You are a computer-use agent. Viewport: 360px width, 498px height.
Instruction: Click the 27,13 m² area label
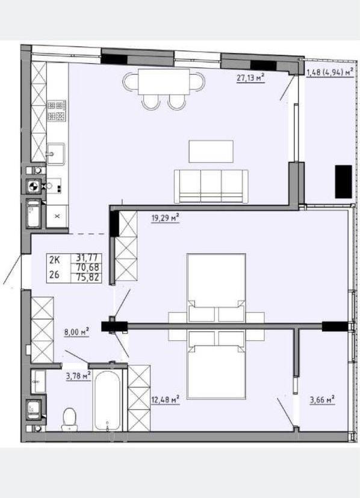pyautogui.click(x=250, y=78)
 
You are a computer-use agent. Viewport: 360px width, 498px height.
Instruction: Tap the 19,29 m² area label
pyautogui.click(x=166, y=218)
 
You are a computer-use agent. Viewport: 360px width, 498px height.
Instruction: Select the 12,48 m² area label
pyautogui.click(x=166, y=399)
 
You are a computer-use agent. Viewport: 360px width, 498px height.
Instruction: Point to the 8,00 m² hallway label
pyautogui.click(x=76, y=332)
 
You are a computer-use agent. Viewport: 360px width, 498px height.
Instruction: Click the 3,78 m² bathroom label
pyautogui.click(x=78, y=376)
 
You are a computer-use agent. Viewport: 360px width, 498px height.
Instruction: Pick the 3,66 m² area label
pyautogui.click(x=322, y=399)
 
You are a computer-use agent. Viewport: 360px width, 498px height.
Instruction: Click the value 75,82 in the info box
pyautogui.click(x=88, y=277)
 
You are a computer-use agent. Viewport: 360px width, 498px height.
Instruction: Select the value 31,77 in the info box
pyautogui.click(x=88, y=258)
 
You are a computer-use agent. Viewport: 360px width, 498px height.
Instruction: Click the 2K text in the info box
pyautogui.click(x=54, y=260)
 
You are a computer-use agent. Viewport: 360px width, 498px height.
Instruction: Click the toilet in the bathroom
pyautogui.click(x=69, y=420)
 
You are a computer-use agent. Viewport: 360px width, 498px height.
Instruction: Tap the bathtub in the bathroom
pyautogui.click(x=108, y=401)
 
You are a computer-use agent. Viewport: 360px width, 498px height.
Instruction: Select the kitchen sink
pyautogui.click(x=56, y=154)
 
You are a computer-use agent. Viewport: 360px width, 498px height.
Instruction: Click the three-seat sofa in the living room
pyautogui.click(x=211, y=187)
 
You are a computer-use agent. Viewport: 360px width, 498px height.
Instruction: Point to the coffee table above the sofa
pyautogui.click(x=211, y=152)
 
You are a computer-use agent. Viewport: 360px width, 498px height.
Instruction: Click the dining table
pyautogui.click(x=164, y=82)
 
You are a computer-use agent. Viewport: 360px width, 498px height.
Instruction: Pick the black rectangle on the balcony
pyautogui.click(x=344, y=181)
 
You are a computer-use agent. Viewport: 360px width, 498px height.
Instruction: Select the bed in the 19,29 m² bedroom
pyautogui.click(x=216, y=288)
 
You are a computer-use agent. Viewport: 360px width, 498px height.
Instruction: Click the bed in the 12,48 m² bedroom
pyautogui.click(x=216, y=366)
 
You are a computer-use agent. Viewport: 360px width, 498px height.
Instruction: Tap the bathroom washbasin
pyautogui.click(x=39, y=381)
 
